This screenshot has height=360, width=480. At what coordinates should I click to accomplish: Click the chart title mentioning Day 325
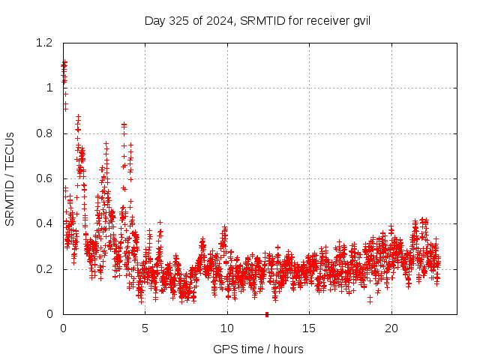point(257,20)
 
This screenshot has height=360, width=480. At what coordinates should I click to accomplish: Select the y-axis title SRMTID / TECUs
point(10,178)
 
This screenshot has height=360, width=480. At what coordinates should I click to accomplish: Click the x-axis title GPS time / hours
point(258,349)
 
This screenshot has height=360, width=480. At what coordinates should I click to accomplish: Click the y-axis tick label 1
point(50,88)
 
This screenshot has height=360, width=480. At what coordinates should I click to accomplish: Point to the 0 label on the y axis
point(50,314)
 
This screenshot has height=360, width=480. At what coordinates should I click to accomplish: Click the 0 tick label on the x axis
point(63,328)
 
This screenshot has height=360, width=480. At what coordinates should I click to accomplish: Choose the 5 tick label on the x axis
point(145,328)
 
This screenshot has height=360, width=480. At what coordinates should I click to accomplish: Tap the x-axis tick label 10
point(227,328)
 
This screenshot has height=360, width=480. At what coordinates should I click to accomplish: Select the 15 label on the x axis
point(309,328)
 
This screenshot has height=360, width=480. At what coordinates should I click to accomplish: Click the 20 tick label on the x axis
point(391,328)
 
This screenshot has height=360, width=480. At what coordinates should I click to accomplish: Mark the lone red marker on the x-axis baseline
point(266,314)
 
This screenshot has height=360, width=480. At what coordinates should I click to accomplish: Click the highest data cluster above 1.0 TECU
point(64,66)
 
